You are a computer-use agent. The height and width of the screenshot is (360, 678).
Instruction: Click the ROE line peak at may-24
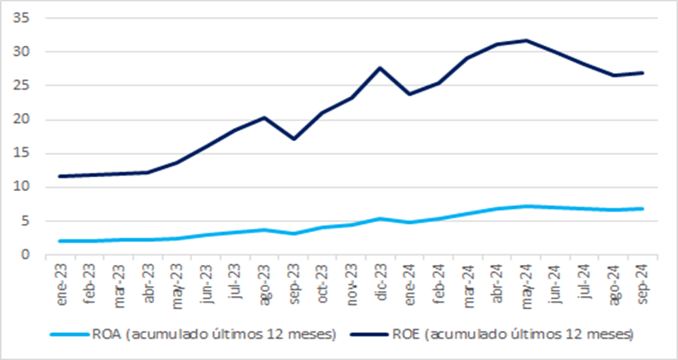coord(526,40)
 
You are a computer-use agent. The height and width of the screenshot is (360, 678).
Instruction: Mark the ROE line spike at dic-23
coord(380,67)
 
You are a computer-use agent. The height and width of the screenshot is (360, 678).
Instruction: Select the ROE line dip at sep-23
coord(293,139)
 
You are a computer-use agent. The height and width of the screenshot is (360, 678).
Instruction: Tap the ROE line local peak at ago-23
coord(263,117)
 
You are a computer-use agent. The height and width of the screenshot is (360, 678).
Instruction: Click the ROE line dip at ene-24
coord(409,94)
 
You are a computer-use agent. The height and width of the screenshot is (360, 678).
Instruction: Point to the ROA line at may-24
coord(526,206)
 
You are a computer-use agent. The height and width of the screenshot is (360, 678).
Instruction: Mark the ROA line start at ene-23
coord(60,241)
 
